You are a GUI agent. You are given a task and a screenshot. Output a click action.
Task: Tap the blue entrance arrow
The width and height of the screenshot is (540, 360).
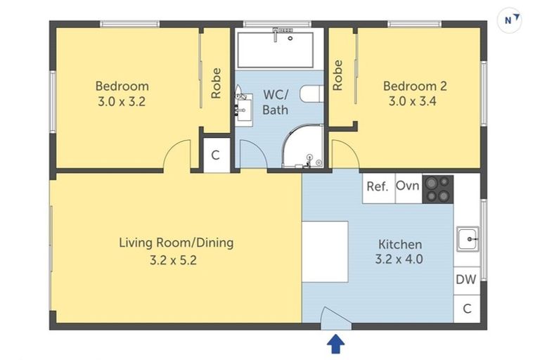tap(337, 344)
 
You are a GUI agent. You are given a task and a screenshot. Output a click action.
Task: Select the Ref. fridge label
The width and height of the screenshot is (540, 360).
tap(378, 187)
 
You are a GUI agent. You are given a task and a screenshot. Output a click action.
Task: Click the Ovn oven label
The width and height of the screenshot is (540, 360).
tap(408, 186)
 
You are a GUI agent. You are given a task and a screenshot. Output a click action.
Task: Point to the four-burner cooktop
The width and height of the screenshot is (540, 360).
tap(437, 188)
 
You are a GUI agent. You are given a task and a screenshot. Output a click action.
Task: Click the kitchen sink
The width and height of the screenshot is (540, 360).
tap(467, 239)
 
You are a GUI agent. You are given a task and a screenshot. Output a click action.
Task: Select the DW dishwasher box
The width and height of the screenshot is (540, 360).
tap(466, 280)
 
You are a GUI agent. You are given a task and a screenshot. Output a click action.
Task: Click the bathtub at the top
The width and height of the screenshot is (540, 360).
tap(279, 49)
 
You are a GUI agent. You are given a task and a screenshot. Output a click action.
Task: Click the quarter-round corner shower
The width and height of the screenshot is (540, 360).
tap(303, 148)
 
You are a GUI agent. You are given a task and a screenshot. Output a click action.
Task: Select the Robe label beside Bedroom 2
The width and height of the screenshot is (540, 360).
tap(338, 75)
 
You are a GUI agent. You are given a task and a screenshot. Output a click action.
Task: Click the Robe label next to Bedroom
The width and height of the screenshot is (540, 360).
tap(217, 83)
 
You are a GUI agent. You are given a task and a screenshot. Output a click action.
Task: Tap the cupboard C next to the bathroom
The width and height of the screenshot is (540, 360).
tap(216, 155)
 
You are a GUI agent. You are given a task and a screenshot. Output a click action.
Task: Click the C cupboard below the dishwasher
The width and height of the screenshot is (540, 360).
tap(466, 307)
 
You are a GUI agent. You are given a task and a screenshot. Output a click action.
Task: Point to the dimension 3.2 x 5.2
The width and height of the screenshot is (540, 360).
tap(176, 259)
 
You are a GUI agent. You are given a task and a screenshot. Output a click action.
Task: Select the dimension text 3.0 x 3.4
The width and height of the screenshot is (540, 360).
tap(415, 101)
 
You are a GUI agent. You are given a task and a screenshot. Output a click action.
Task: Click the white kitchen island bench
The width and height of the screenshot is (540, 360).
tap(325, 251)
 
